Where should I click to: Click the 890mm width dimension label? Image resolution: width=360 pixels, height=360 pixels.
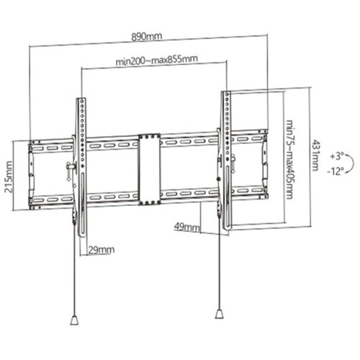click(x=148, y=34)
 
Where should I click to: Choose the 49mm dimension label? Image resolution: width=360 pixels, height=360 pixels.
click(x=186, y=226)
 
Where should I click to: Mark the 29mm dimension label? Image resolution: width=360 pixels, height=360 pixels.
click(x=102, y=250)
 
